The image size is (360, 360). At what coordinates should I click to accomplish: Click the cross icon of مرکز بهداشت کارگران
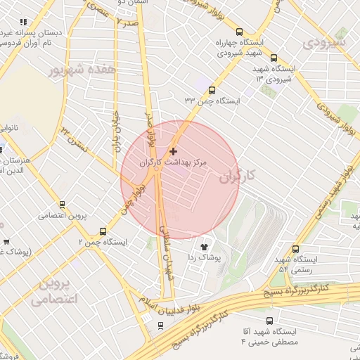click(x=174, y=151)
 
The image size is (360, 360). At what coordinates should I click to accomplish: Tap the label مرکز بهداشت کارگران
click(x=174, y=162)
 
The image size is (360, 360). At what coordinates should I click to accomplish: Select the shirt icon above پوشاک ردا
click(x=205, y=247)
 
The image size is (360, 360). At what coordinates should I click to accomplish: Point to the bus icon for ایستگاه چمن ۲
click(x=103, y=231)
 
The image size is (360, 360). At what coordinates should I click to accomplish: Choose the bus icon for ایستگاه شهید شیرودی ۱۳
click(x=274, y=58)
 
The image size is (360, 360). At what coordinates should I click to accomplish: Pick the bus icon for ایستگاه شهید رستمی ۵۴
click(x=295, y=249)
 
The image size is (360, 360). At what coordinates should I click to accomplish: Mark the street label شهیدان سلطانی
click(x=167, y=249)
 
